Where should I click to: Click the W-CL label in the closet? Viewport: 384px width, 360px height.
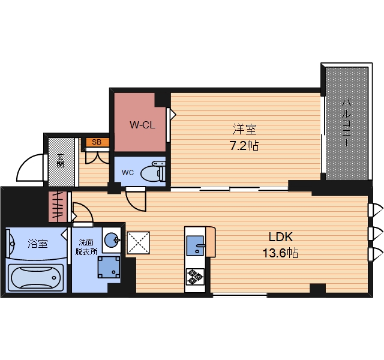[142, 125]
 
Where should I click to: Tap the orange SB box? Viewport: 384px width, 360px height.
[97, 142]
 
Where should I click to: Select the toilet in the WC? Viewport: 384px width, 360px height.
[153, 172]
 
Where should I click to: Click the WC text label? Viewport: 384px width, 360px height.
[128, 173]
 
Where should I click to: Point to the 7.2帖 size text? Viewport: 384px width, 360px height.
[244, 146]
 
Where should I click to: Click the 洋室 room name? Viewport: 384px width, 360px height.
[244, 129]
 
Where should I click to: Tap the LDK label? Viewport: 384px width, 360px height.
[280, 237]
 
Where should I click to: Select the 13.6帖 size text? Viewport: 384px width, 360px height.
[280, 253]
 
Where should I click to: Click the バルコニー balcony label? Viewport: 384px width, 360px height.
[346, 122]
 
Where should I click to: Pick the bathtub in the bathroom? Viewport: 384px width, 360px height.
[36, 278]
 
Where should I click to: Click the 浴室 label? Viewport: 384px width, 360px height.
[37, 244]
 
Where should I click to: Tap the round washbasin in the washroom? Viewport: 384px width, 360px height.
[112, 240]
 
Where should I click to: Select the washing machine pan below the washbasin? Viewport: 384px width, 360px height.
[109, 267]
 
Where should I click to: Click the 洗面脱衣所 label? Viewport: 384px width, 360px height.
[86, 247]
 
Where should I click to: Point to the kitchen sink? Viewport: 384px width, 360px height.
[196, 245]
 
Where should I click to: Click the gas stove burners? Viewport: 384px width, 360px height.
[195, 277]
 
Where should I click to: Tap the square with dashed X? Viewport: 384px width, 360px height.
[138, 242]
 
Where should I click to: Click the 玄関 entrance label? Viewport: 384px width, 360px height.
[61, 160]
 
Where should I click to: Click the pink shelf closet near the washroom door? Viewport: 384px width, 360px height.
[58, 206]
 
